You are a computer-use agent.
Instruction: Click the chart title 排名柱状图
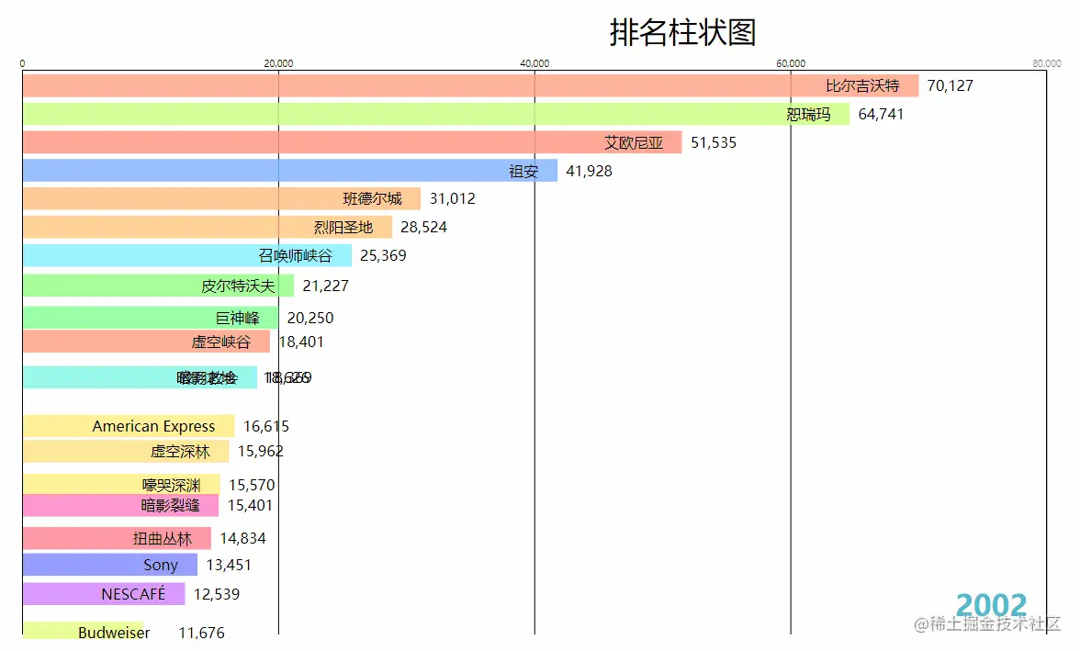[682, 32]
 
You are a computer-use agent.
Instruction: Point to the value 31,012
[452, 198]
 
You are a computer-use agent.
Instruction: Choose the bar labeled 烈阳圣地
[207, 227]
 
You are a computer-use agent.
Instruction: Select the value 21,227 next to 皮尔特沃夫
[325, 286]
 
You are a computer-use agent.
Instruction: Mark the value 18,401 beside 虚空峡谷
[300, 342]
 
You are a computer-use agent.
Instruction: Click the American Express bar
[129, 426]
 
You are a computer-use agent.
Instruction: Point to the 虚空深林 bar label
[180, 452]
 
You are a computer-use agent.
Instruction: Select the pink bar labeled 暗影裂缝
[120, 505]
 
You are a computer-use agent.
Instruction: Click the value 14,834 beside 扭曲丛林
[242, 538]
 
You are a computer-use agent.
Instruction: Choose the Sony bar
[109, 565]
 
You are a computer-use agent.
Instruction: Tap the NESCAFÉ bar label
[133, 594]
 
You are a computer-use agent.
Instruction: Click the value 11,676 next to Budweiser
[201, 633]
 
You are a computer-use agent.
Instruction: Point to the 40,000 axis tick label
[534, 63]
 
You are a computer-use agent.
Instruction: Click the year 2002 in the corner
[991, 605]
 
